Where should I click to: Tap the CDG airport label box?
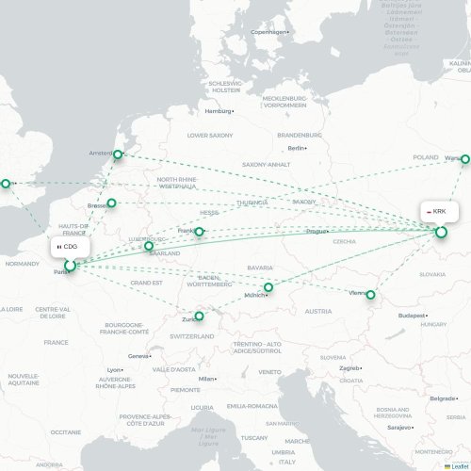click(67, 247)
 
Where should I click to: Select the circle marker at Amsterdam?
click(119, 155)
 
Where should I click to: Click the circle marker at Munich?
click(268, 287)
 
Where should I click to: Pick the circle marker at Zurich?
click(199, 317)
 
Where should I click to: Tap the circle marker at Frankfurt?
click(199, 231)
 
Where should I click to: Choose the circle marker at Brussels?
click(111, 203)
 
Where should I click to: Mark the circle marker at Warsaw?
click(465, 159)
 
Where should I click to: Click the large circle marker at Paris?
click(70, 267)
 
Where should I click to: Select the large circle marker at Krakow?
click(441, 231)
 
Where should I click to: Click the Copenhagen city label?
click(268, 32)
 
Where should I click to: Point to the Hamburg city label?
click(219, 111)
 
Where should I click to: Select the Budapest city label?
click(413, 316)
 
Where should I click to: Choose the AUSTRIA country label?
click(318, 311)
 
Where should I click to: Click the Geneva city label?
click(139, 356)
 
